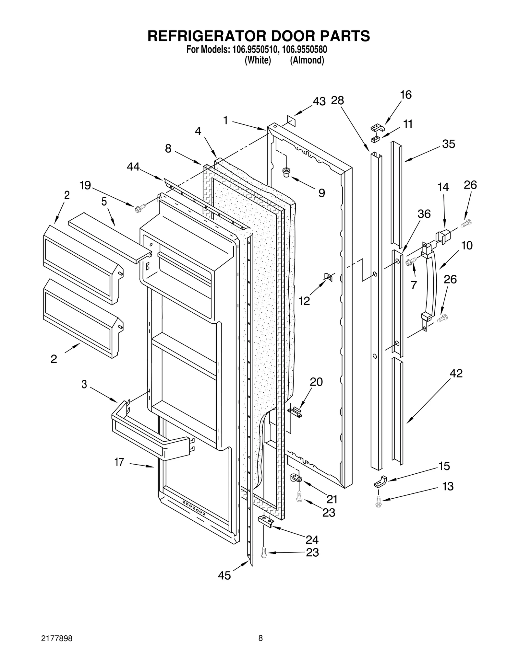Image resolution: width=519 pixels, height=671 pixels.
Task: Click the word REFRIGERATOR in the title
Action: pyautogui.click(x=207, y=36)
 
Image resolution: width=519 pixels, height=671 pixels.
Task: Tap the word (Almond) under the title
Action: pyautogui.click(x=307, y=60)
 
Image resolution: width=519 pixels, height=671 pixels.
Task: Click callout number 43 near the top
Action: pyautogui.click(x=319, y=101)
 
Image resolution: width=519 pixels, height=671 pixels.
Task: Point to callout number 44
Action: pyautogui.click(x=133, y=167)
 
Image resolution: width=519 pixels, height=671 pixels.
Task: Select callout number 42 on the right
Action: pyautogui.click(x=456, y=373)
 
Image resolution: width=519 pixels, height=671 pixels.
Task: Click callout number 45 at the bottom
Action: pyautogui.click(x=224, y=575)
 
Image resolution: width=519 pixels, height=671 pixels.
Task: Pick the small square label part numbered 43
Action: pyautogui.click(x=291, y=120)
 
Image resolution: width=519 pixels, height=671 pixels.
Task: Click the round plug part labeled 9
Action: pyautogui.click(x=286, y=172)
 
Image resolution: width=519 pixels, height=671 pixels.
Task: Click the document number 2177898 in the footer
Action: pyautogui.click(x=57, y=638)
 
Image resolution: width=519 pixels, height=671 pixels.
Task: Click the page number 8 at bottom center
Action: pyautogui.click(x=260, y=638)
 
